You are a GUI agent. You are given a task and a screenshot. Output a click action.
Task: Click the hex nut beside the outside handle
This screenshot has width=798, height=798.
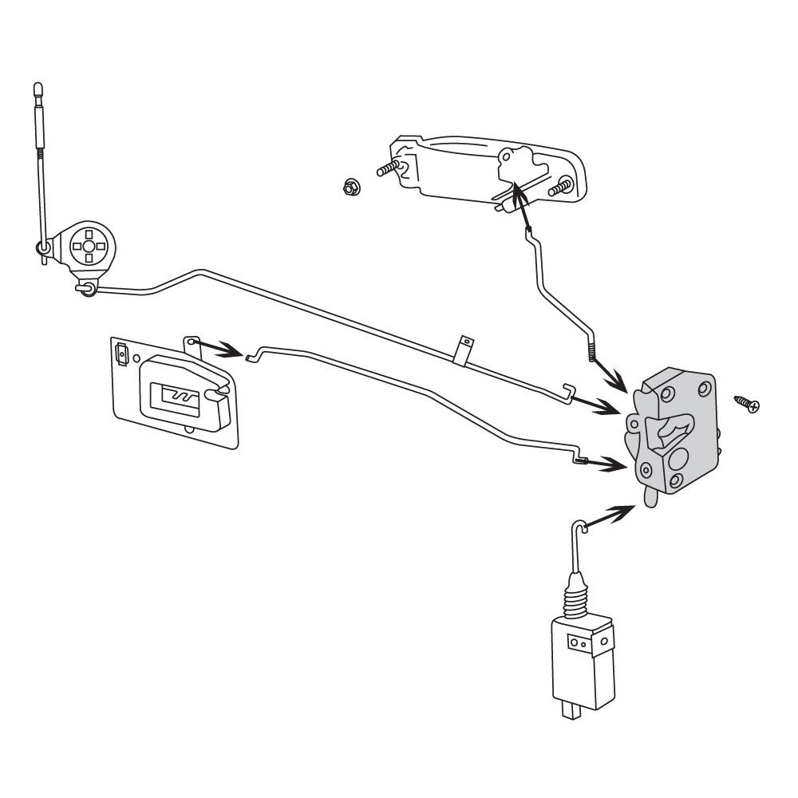348,188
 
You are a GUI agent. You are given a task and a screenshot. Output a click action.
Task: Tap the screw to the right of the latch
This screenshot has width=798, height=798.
747,403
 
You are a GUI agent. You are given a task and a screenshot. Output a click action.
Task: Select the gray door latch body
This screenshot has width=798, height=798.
678,435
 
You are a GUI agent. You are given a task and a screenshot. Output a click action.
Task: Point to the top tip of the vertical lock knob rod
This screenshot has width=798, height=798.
38,85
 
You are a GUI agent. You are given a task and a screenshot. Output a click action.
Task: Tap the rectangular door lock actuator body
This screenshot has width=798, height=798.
582,659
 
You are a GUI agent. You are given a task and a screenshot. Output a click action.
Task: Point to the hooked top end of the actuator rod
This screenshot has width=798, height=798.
579,526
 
